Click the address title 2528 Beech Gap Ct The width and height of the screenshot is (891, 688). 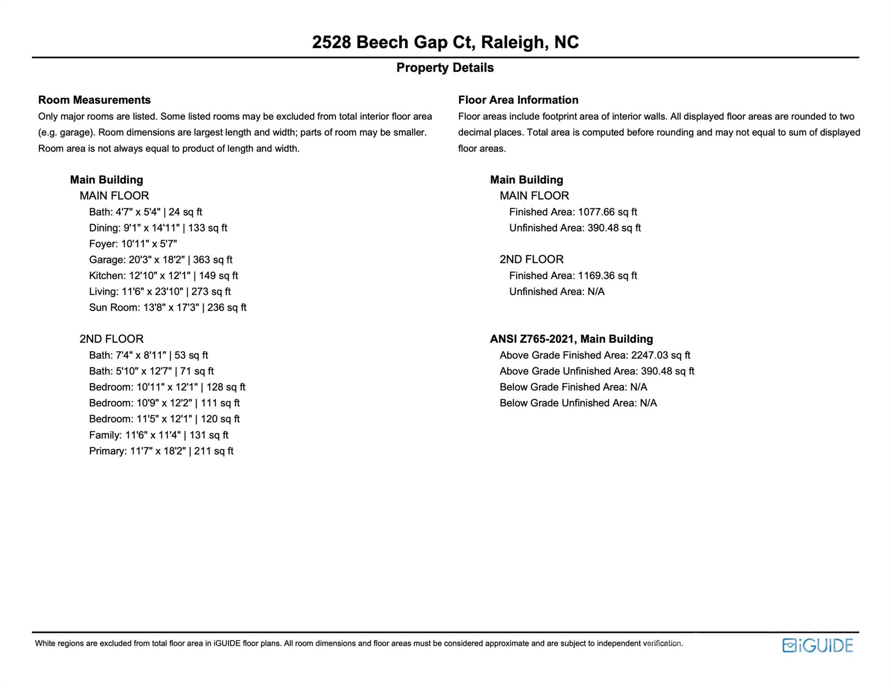pos(445,43)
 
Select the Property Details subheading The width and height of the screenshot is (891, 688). pos(445,68)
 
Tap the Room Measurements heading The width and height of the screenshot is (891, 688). pos(94,100)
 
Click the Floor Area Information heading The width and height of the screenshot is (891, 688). pos(518,100)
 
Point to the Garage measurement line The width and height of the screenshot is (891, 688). pos(160,260)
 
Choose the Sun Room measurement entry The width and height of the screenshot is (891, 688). pos(168,308)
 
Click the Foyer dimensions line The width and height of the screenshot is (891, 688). pos(133,244)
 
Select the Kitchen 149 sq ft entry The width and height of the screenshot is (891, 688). pos(163,275)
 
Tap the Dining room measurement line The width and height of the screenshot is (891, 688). pos(158,228)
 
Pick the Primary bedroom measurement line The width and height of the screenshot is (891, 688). pos(161,451)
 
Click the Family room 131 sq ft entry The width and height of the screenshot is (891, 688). pos(159,435)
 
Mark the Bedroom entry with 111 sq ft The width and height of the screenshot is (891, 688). pos(164,403)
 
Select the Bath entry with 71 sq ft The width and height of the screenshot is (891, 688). pos(151,371)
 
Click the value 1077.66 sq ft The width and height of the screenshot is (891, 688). pos(607,212)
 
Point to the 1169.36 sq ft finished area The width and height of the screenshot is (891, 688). pos(607,275)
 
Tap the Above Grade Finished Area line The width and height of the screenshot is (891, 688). pos(595,355)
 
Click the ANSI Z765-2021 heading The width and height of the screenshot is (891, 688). pos(571,339)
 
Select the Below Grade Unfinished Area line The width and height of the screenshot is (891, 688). pos(578,403)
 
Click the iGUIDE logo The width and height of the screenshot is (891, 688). pos(817,645)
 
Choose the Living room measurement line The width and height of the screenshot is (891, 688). pos(160,292)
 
